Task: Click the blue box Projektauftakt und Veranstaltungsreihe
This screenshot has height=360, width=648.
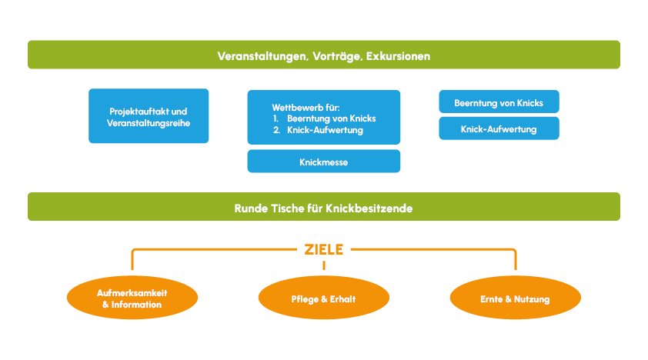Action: click(149, 116)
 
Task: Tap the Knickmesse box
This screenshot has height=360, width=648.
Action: click(323, 162)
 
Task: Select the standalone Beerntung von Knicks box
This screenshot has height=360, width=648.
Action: click(499, 102)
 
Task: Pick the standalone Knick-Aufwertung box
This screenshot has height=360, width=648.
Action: click(499, 129)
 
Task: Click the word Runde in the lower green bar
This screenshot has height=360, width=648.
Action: click(249, 208)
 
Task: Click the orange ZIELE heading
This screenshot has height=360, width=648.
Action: click(323, 249)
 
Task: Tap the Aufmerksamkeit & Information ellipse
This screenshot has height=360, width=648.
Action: click(132, 298)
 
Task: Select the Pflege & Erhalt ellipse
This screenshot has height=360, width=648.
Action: click(323, 298)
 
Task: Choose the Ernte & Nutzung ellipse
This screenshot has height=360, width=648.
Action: click(515, 298)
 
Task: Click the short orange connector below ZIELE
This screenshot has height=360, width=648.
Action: click(323, 265)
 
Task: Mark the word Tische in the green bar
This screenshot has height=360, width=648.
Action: click(284, 208)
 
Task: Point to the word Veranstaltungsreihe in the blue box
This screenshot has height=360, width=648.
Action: click(149, 122)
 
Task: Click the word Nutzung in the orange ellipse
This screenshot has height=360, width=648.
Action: click(532, 298)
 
